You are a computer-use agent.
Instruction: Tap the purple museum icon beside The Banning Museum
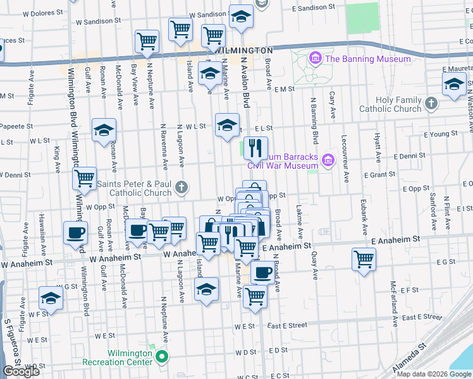pyautogui.click(x=314, y=59)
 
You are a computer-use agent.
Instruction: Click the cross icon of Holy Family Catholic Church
pyautogui.click(x=431, y=103)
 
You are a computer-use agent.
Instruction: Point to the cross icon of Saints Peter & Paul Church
pyautogui.click(x=181, y=186)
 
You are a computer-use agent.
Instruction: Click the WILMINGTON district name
pyautogui.click(x=243, y=50)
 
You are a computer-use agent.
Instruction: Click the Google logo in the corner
pyautogui.click(x=21, y=371)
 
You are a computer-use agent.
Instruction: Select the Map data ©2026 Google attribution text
pyautogui.click(x=434, y=375)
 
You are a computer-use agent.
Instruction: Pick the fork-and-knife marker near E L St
pyautogui.click(x=255, y=148)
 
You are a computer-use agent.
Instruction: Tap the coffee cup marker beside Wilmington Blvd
pyautogui.click(x=75, y=232)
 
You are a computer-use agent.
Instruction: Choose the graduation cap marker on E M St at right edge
pyautogui.click(x=453, y=84)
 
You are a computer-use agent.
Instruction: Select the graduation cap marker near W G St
pyautogui.click(x=51, y=298)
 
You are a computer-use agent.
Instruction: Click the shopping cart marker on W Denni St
pyautogui.click(x=83, y=179)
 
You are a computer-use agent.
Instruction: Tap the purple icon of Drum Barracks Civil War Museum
pyautogui.click(x=328, y=161)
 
